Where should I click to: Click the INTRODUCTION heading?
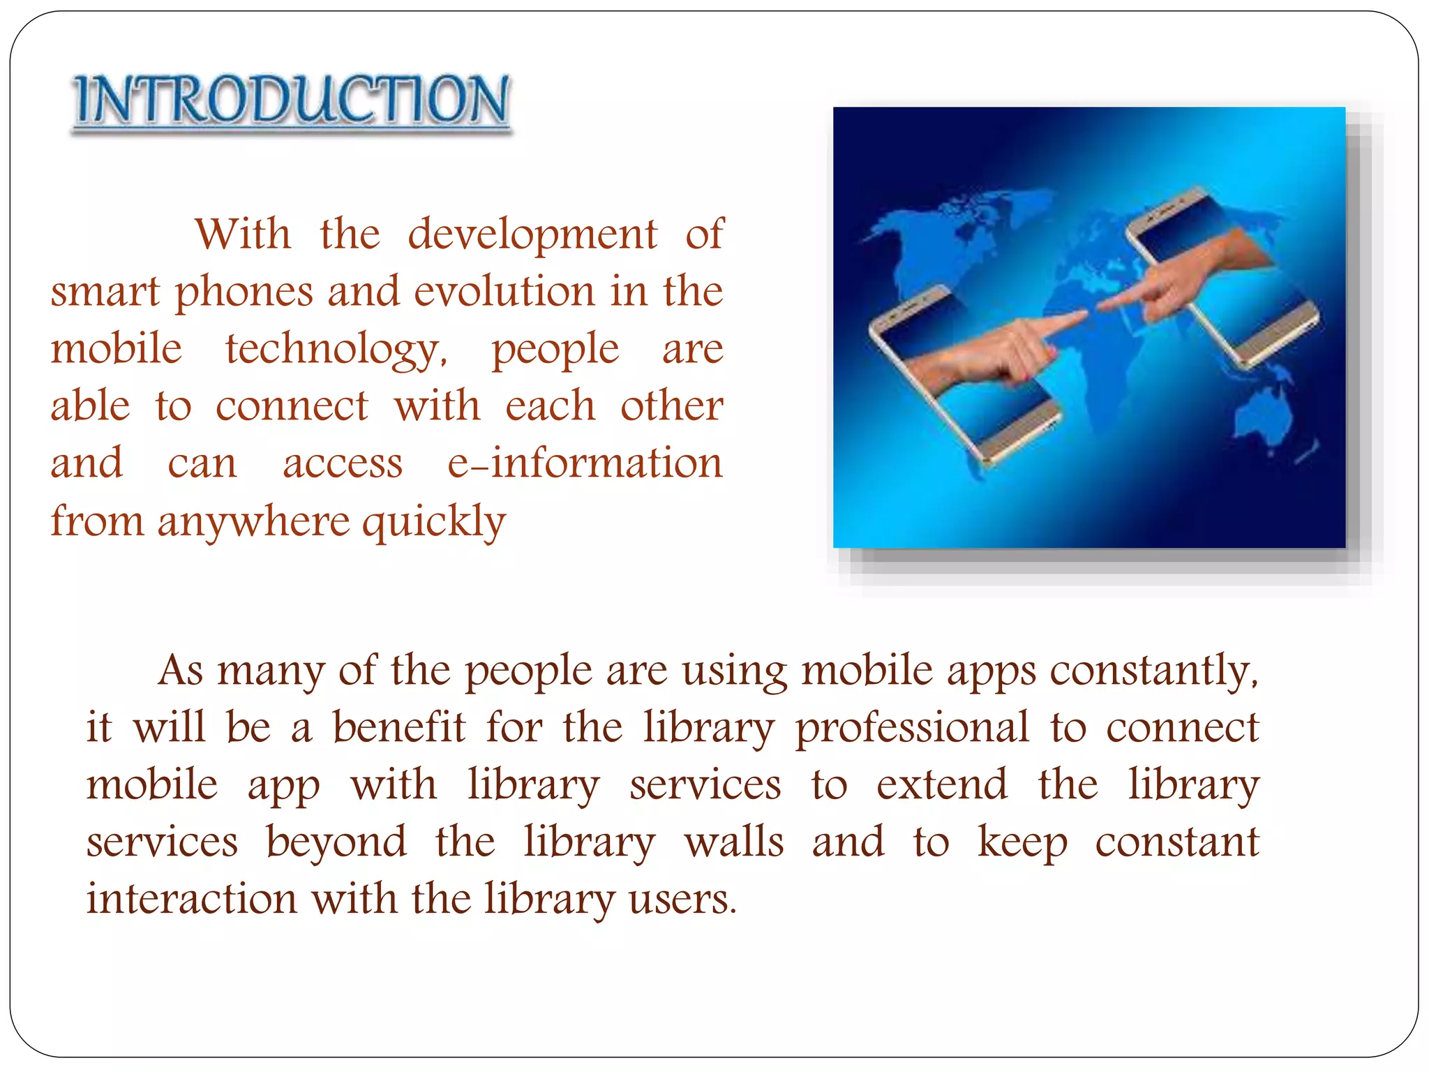click(292, 100)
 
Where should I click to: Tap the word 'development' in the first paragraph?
click(532, 234)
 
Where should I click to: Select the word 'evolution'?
click(505, 292)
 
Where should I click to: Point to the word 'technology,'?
click(336, 350)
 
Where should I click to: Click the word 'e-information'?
click(585, 463)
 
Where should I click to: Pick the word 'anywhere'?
click(253, 521)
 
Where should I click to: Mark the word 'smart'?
click(105, 292)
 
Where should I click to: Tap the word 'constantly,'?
click(1155, 671)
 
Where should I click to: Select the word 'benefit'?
click(398, 727)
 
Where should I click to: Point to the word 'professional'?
click(912, 729)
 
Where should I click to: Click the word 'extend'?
click(942, 785)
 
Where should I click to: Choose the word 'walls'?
click(734, 842)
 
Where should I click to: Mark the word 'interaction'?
click(192, 899)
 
